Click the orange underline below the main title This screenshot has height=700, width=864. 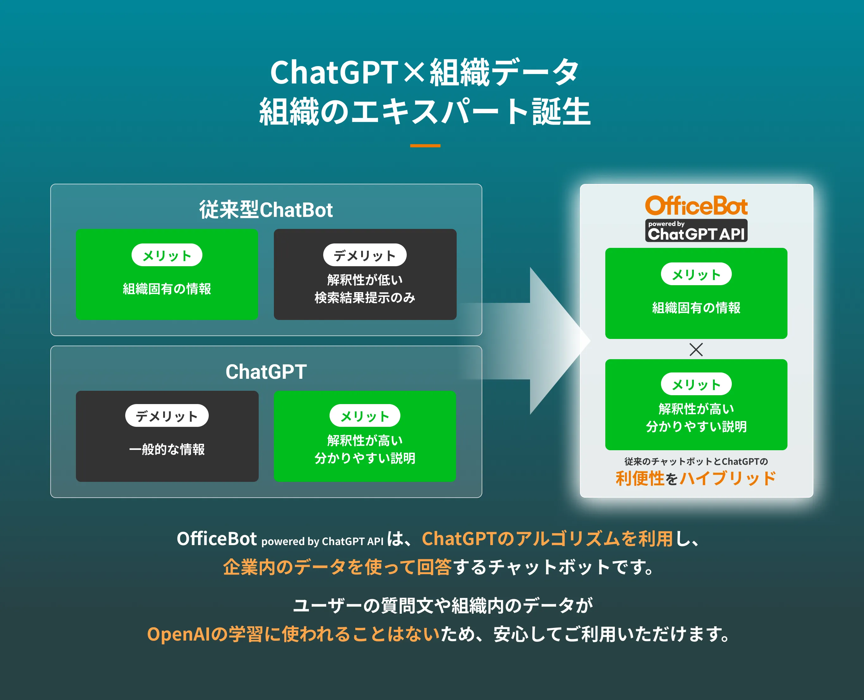425,145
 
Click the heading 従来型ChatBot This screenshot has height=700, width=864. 266,210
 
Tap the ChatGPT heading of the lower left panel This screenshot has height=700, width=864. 266,371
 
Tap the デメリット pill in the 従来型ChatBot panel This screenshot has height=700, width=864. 365,255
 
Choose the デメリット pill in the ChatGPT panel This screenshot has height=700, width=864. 167,416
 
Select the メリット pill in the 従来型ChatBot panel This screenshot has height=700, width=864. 167,255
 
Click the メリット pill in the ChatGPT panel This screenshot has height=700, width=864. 365,416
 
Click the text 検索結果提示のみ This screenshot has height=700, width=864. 365,298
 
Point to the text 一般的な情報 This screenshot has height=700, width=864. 167,449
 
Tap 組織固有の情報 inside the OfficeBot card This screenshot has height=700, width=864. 696,308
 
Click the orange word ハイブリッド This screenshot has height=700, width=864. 728,479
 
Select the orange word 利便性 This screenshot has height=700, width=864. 640,479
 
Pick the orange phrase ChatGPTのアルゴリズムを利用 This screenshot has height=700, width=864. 547,539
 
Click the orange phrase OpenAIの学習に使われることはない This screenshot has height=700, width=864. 293,634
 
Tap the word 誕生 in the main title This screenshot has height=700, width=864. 561,112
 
